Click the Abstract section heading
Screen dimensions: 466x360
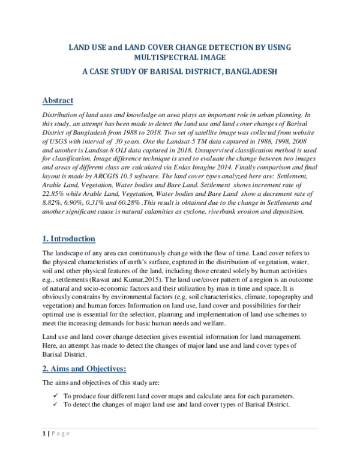(x=58, y=100)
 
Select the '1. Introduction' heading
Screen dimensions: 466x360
(x=69, y=238)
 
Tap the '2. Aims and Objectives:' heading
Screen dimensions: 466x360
(x=84, y=368)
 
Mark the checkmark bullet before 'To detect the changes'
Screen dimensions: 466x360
(x=55, y=404)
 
